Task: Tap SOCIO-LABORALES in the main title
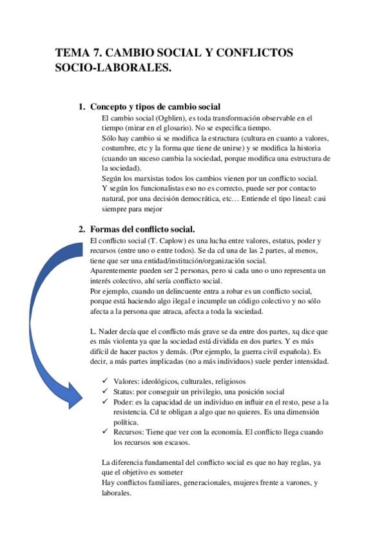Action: (114, 68)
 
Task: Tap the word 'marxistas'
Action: (153, 178)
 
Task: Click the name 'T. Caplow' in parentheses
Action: (166, 240)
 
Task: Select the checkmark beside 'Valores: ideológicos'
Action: (106, 381)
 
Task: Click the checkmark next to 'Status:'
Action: (106, 391)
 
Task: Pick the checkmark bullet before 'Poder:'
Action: (106, 402)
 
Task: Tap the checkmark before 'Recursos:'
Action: (106, 432)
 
